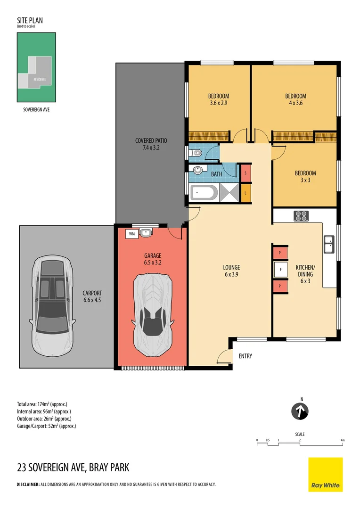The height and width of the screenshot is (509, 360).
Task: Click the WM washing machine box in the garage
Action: pyautogui.click(x=131, y=233)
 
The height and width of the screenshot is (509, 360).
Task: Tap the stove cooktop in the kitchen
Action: pyautogui.click(x=302, y=216)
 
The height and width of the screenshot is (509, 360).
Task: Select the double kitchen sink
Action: pyautogui.click(x=328, y=245)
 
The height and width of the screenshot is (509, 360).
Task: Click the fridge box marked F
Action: pyautogui.click(x=280, y=270)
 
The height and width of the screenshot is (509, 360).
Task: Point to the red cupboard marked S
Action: pyautogui.click(x=246, y=173)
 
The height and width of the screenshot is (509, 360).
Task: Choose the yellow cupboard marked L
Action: pyautogui.click(x=246, y=193)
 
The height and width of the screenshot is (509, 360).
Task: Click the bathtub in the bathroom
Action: pyautogui.click(x=204, y=193)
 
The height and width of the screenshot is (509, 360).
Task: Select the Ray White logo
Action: pyautogui.click(x=325, y=474)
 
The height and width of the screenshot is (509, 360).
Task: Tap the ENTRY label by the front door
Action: pyautogui.click(x=245, y=356)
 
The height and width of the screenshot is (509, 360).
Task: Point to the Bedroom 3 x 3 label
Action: pyautogui.click(x=305, y=176)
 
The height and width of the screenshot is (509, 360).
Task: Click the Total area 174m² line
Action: pyautogui.click(x=42, y=404)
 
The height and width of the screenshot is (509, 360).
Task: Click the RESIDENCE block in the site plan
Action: pyautogui.click(x=40, y=79)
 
